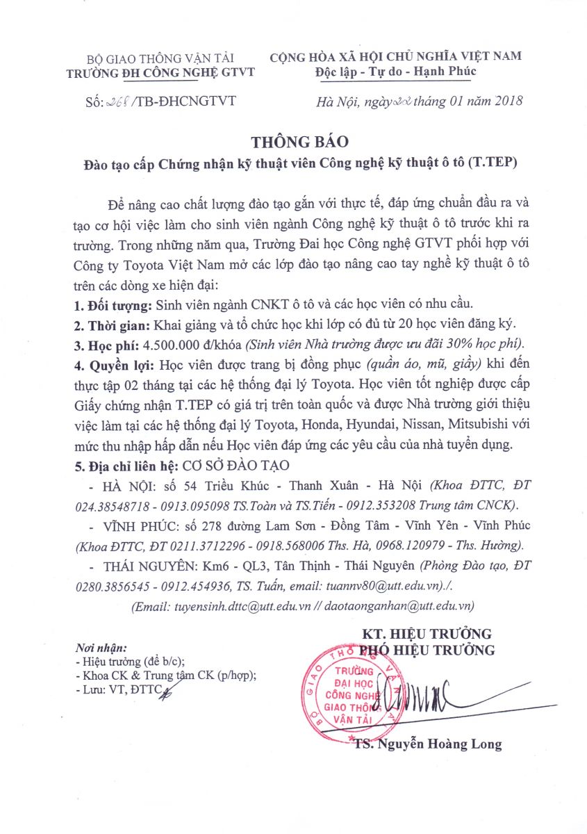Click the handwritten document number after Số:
click(117, 102)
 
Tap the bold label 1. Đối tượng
click(112, 306)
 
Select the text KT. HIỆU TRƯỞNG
click(427, 634)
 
